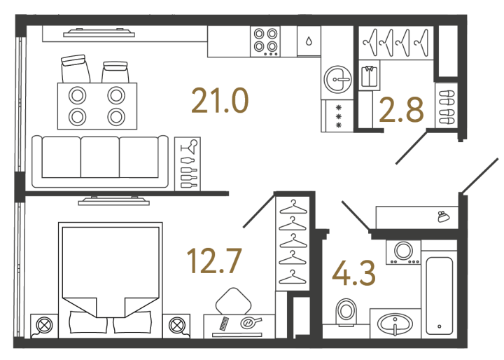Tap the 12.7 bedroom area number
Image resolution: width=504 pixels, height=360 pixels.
click(x=214, y=261)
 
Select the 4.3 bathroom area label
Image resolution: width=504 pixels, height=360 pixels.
click(x=353, y=273)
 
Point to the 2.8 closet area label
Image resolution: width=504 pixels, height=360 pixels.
click(x=401, y=111)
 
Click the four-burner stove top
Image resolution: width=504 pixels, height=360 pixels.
click(x=265, y=42)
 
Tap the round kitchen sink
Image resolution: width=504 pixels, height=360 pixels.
click(x=338, y=79)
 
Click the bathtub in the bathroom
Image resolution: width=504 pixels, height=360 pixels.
click(x=439, y=296)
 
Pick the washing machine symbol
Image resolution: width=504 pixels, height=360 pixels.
click(x=403, y=252)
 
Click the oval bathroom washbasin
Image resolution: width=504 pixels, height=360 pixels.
click(x=395, y=324)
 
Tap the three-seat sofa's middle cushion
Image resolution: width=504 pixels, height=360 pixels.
click(x=100, y=157)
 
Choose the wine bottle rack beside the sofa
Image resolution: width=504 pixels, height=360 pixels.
click(x=188, y=164)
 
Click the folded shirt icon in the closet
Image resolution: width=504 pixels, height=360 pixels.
click(x=370, y=76)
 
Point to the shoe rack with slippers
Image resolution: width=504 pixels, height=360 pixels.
click(x=447, y=107)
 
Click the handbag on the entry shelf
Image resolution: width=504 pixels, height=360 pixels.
click(x=443, y=216)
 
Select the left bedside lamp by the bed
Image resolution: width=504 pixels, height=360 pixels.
click(x=44, y=325)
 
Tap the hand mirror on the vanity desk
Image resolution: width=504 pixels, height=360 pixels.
click(x=251, y=322)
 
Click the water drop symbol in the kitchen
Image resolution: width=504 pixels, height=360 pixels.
click(x=309, y=41)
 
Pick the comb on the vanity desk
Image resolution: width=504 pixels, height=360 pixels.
click(x=224, y=324)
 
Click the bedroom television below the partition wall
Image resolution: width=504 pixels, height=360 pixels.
click(x=114, y=201)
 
